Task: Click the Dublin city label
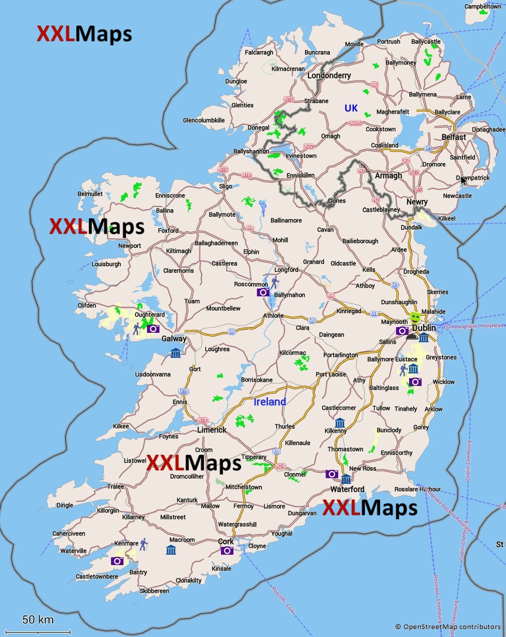tap(424, 329)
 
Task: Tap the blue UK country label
tap(351, 108)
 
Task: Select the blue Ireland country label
tap(269, 402)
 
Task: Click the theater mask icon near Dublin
tap(415, 317)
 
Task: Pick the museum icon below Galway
tap(176, 353)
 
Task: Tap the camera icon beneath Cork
tap(227, 551)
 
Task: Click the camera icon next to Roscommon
tap(263, 292)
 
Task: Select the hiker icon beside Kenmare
tap(143, 545)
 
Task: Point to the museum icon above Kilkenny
tap(340, 422)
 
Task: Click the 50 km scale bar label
tap(38, 620)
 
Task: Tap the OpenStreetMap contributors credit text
tap(448, 627)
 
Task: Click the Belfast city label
tap(453, 136)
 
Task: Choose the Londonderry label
tap(329, 76)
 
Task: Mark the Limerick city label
tap(212, 430)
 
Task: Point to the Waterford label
tap(348, 489)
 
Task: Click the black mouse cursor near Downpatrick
tap(463, 180)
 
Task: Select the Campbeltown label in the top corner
tap(483, 6)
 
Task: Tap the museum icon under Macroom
tap(170, 551)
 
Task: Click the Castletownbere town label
tap(97, 577)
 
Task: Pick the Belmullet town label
tap(90, 194)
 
